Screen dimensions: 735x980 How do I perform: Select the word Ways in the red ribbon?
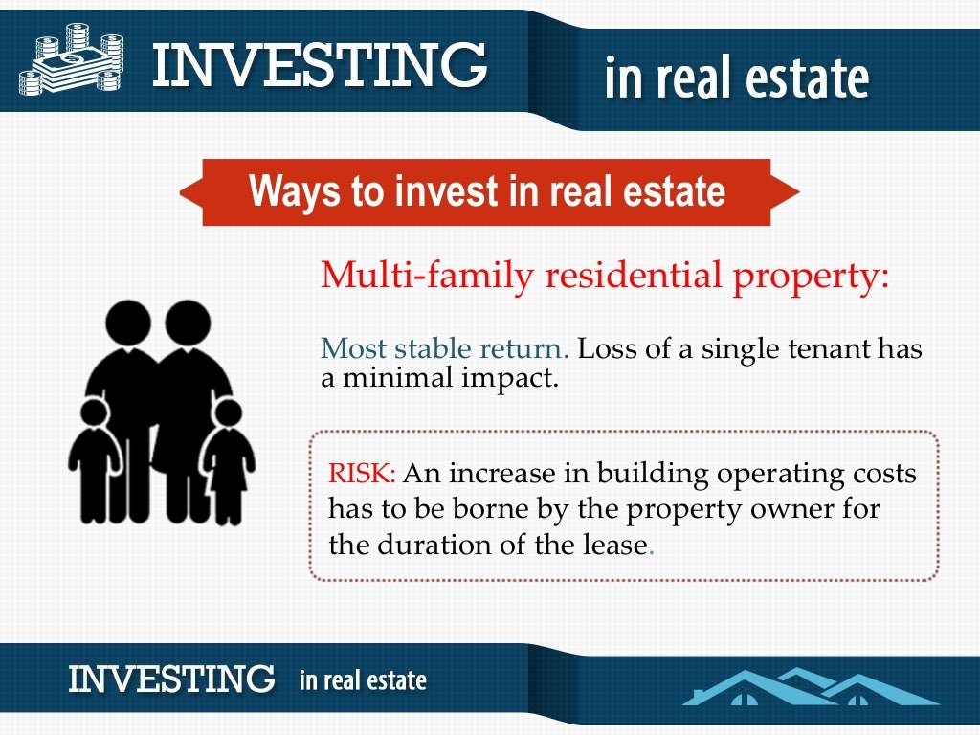tap(294, 191)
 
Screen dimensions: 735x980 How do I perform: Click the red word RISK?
tap(362, 474)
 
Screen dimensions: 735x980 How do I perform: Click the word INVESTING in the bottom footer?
tap(171, 679)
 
